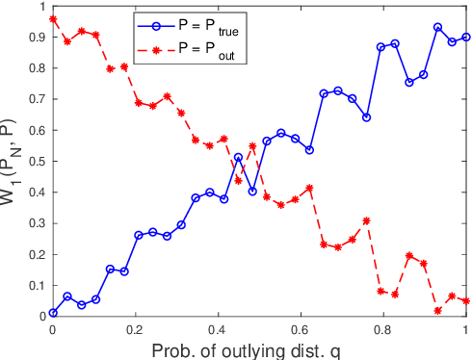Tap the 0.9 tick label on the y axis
36,38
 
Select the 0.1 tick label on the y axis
36,285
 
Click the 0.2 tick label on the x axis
136,328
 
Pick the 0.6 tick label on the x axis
301,328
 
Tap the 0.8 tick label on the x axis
383,328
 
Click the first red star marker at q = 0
53,19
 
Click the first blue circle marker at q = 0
53,312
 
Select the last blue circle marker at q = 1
466,37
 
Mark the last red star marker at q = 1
466,300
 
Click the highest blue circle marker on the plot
437,27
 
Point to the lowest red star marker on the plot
437,311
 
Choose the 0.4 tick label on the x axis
218,328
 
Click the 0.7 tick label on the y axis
36,99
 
